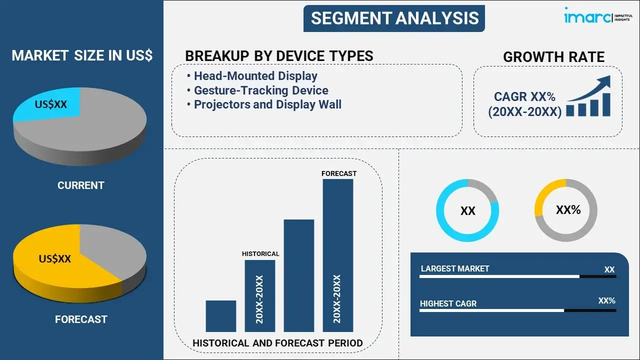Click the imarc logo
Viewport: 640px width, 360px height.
pyautogui.click(x=598, y=15)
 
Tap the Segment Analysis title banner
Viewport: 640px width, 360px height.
pyautogui.click(x=394, y=18)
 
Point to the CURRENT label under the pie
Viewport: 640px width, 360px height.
pyautogui.click(x=81, y=185)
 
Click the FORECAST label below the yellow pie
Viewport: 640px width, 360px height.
pyautogui.click(x=81, y=319)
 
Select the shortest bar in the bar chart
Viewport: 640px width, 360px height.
pyautogui.click(x=221, y=316)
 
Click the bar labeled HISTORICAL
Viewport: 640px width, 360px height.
pyautogui.click(x=260, y=296)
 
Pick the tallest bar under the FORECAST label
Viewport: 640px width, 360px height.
pyautogui.click(x=338, y=255)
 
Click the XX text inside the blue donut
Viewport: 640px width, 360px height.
pyautogui.click(x=467, y=211)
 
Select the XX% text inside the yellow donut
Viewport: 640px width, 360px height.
pyautogui.click(x=568, y=210)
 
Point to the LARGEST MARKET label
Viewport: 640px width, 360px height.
pyautogui.click(x=455, y=268)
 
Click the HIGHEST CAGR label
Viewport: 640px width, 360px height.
pyautogui.click(x=448, y=303)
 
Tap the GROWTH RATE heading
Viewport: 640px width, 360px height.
pyautogui.click(x=553, y=57)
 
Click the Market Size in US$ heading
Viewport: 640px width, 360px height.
pyautogui.click(x=82, y=55)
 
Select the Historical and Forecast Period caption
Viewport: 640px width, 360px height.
pyautogui.click(x=277, y=343)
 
